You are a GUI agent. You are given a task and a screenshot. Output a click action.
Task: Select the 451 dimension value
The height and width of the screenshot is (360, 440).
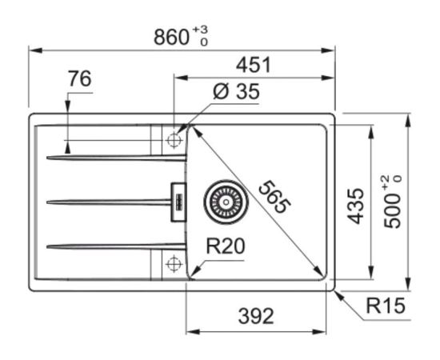click(x=254, y=65)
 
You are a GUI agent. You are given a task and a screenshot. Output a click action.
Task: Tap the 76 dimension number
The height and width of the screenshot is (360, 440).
click(x=80, y=79)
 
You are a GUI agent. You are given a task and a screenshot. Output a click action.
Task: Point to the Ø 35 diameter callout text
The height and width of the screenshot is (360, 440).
click(x=236, y=91)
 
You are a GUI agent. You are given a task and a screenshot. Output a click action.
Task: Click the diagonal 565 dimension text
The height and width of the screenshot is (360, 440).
click(x=274, y=198)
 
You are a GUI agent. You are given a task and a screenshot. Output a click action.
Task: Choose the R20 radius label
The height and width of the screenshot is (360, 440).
click(x=226, y=246)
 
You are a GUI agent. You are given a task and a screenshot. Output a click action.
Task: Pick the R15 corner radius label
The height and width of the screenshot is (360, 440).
click(x=386, y=306)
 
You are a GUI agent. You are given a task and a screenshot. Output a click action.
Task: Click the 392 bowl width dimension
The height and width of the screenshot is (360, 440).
click(x=256, y=316)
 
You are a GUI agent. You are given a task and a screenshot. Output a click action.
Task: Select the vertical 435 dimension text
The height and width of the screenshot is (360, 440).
click(x=355, y=206)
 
